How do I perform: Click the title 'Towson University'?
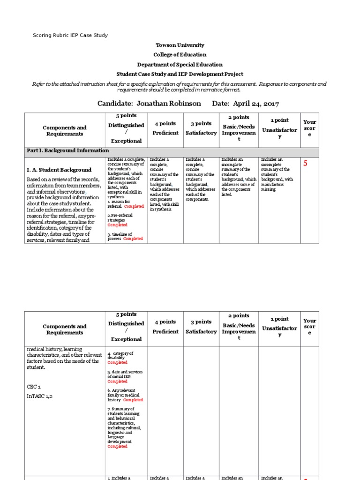180,45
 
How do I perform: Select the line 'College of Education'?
180,55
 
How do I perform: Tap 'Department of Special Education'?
180,65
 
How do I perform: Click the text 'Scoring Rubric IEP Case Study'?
70,36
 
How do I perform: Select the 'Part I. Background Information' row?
67,151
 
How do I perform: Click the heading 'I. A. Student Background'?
59,170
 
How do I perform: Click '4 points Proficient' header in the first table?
165,128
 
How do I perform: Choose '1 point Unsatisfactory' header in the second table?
279,323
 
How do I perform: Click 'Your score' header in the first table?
309,127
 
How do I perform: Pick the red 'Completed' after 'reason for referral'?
134,206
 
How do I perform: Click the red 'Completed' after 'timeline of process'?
133,239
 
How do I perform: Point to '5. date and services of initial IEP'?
125,374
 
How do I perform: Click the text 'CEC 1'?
35,387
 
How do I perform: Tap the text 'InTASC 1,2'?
40,397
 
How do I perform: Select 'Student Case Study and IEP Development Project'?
180,74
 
